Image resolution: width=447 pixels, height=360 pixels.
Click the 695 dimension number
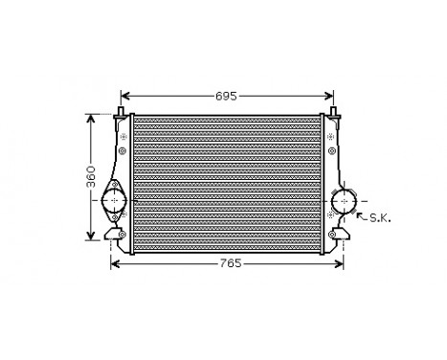pyautogui.click(x=226, y=97)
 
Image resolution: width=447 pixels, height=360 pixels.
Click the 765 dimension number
pyautogui.click(x=226, y=263)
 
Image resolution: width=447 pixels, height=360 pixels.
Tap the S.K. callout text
pyautogui.click(x=380, y=218)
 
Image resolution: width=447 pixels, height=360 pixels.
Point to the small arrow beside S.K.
pyautogui.click(x=362, y=216)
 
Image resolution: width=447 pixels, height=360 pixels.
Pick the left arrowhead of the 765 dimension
pyautogui.click(x=116, y=263)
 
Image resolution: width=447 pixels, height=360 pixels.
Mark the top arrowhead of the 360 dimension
pyautogui.click(x=92, y=120)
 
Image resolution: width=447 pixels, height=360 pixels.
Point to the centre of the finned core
pyautogui.click(x=227, y=182)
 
